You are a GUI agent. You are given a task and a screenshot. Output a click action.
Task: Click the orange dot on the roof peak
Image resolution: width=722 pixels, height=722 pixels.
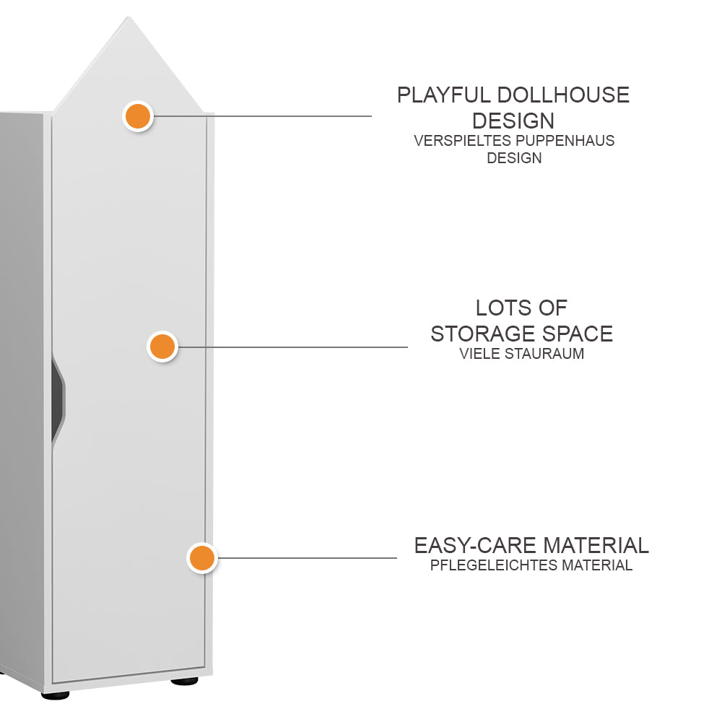pos(137,116)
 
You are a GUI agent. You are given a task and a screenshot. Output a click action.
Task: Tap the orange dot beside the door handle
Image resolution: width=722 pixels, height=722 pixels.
pos(162,347)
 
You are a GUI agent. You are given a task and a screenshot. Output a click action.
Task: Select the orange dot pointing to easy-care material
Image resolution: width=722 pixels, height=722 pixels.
pos(202,558)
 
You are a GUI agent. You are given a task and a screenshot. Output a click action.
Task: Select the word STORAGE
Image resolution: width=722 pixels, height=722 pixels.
pos(481,334)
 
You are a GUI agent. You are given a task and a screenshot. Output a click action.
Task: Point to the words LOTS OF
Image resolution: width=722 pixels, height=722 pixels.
pos(521,308)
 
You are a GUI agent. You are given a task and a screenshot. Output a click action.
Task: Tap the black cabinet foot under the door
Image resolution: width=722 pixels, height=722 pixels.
pos(183,680)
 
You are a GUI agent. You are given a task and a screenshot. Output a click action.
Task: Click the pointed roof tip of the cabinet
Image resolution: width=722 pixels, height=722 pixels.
pos(129,19)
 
